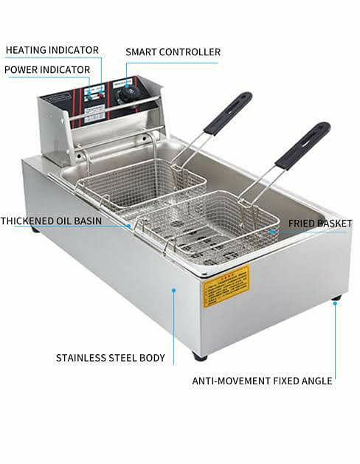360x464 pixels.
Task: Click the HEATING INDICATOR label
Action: [x=52, y=50]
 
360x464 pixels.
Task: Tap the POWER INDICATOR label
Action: [x=47, y=69]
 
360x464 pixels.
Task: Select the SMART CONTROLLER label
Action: [x=173, y=52]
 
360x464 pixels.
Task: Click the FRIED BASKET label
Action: [x=319, y=222]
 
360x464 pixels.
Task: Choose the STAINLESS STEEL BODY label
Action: [x=111, y=358]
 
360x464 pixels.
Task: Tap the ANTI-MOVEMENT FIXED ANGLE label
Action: [x=262, y=381]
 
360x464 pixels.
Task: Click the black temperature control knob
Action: [x=131, y=93]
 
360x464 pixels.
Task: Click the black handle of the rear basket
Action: [x=228, y=113]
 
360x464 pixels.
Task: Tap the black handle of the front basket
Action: [x=302, y=145]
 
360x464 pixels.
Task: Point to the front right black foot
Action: [x=336, y=298]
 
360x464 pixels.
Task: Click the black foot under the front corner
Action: [x=200, y=356]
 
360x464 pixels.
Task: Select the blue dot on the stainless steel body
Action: [x=174, y=290]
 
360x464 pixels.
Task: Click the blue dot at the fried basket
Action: [x=271, y=231]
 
